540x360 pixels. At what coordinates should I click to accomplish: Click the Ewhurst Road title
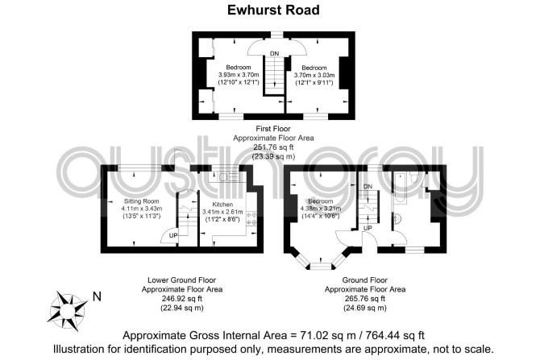click(273, 10)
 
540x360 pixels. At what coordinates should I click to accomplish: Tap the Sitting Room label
click(142, 201)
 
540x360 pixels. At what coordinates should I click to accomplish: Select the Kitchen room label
click(222, 205)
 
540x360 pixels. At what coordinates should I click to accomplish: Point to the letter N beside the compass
click(97, 296)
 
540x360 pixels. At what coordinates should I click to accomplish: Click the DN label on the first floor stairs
click(275, 54)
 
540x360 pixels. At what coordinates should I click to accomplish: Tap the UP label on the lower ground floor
click(173, 236)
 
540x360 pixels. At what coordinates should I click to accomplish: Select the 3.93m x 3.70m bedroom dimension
click(239, 75)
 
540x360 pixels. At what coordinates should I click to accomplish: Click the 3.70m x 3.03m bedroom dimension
click(314, 75)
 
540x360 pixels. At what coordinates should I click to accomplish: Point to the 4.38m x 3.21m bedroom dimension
click(321, 209)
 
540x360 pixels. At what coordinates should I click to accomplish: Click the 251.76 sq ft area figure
click(273, 147)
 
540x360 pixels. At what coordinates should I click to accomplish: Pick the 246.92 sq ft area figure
click(182, 299)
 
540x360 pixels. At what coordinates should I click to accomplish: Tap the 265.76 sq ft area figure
click(365, 299)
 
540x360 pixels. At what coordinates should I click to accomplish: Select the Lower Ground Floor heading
click(182, 280)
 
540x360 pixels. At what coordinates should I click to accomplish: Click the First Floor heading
click(273, 129)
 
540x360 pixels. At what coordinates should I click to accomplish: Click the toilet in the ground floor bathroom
click(413, 178)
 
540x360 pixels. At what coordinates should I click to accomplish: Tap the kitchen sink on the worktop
click(226, 177)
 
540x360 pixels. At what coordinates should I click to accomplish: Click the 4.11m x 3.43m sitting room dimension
click(142, 209)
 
